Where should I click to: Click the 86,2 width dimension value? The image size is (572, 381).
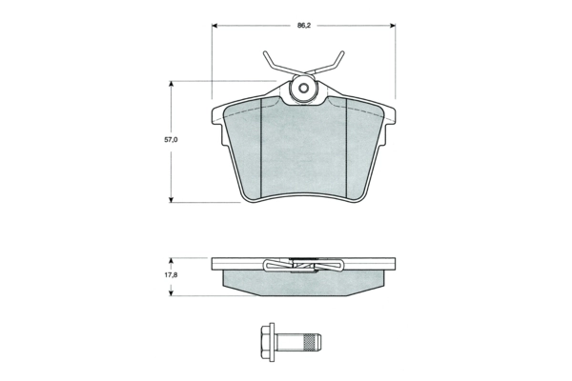pos(303,26)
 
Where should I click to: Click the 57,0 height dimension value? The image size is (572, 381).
pos(171,140)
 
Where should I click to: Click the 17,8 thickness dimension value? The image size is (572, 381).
pos(171,275)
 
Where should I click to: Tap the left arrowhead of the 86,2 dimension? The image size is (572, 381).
pos(214,26)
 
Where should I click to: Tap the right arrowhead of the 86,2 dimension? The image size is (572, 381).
pos(393,26)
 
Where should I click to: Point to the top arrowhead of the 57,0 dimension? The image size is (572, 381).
pos(171,84)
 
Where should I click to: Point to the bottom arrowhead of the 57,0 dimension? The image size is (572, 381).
pos(171,199)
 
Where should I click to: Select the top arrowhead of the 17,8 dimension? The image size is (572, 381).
pos(171,261)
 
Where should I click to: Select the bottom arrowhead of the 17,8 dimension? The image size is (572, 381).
pos(171,292)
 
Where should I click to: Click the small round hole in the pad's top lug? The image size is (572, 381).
pos(303,88)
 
